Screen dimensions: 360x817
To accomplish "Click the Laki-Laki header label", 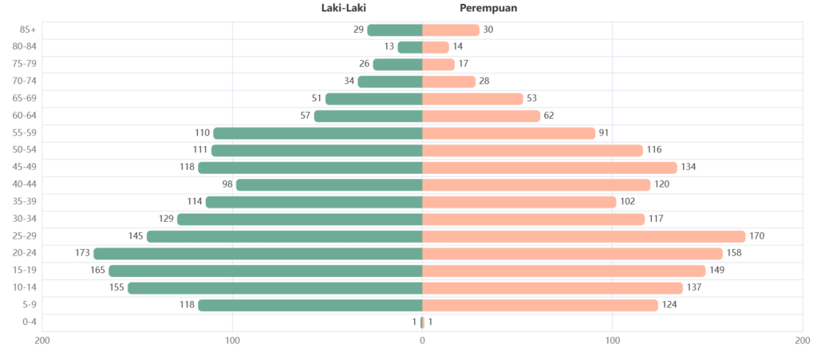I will pyautogui.click(x=343, y=9).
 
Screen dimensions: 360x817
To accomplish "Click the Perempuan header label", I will pyautogui.click(x=488, y=9).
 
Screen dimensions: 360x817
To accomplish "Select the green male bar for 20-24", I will pyautogui.click(x=257, y=254).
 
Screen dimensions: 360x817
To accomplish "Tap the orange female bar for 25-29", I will pyautogui.click(x=583, y=236).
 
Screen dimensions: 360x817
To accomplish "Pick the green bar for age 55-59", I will pyautogui.click(x=317, y=133).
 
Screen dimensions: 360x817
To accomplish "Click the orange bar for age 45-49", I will pyautogui.click(x=549, y=168).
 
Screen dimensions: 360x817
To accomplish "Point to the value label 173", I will pyautogui.click(x=81, y=254).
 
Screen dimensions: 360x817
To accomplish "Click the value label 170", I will pyautogui.click(x=757, y=236).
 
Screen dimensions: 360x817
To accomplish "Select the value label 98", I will pyautogui.click(x=227, y=184).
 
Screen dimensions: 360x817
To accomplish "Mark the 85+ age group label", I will pyautogui.click(x=29, y=30).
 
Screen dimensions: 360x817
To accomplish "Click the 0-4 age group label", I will pyautogui.click(x=29, y=322).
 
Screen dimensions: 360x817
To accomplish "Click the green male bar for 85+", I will pyautogui.click(x=394, y=30).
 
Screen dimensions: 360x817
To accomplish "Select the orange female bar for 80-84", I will pyautogui.click(x=436, y=47).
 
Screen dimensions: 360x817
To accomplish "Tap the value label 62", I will pyautogui.click(x=549, y=116).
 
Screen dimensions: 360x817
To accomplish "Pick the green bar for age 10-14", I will pyautogui.click(x=274, y=287).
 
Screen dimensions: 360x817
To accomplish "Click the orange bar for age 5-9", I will pyautogui.click(x=540, y=305).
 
